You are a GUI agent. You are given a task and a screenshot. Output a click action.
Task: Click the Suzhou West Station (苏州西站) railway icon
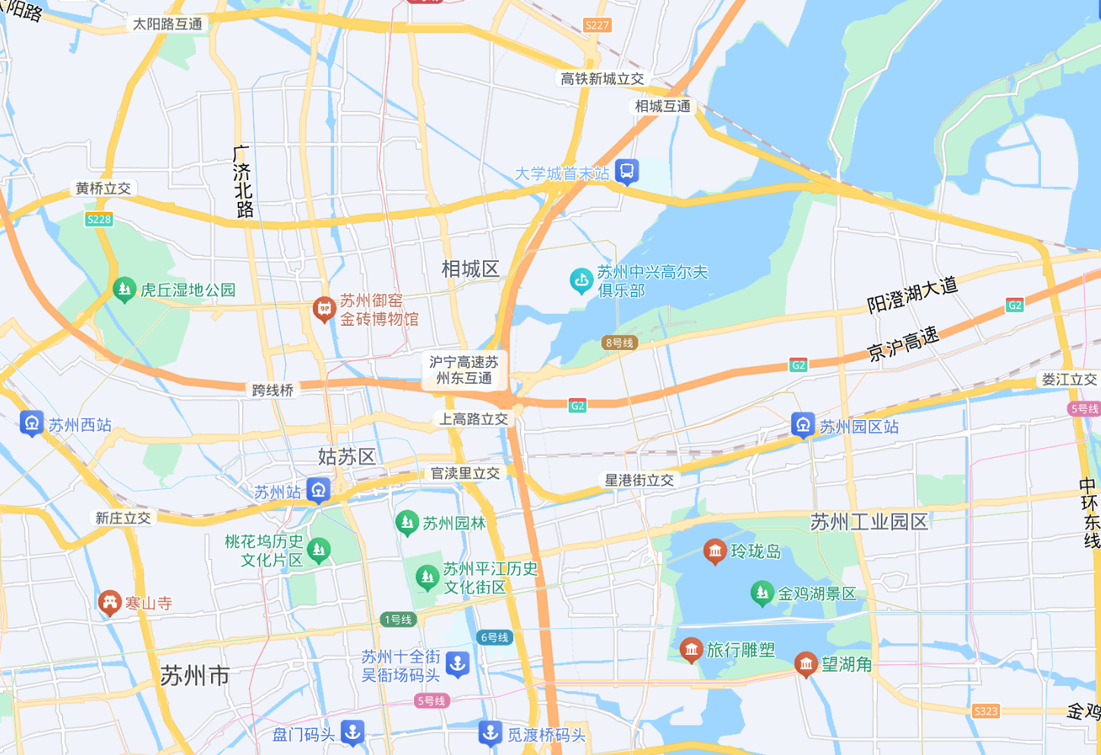click(x=31, y=423)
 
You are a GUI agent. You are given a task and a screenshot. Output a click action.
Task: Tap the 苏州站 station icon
click(x=319, y=490)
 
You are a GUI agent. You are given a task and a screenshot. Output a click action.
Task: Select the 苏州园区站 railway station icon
click(x=803, y=425)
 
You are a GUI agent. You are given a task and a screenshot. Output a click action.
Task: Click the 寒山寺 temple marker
click(x=109, y=602)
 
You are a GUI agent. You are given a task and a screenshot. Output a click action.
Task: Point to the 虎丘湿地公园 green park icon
click(x=124, y=289)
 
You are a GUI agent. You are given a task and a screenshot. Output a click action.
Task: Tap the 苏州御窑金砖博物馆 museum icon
click(x=324, y=309)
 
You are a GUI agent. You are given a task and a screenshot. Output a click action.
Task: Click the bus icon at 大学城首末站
click(x=626, y=172)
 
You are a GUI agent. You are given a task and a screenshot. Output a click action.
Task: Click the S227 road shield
click(x=597, y=25)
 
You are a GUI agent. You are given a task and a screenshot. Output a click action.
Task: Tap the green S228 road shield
click(x=99, y=220)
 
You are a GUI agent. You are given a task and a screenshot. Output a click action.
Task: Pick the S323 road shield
click(x=986, y=711)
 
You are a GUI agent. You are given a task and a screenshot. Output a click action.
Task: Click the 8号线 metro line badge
click(x=620, y=343)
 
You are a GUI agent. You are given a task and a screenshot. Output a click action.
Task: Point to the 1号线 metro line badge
click(x=398, y=619)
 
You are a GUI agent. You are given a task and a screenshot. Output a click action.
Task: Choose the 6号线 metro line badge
click(x=494, y=637)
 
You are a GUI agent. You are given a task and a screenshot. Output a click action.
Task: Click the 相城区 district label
click(x=470, y=269)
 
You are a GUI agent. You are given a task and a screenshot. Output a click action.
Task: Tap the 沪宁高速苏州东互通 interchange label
click(x=464, y=370)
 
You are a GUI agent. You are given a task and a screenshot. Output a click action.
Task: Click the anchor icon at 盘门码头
click(x=352, y=732)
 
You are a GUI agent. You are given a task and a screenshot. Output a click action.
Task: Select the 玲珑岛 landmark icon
click(x=715, y=551)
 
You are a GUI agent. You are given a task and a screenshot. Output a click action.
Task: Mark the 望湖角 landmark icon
click(x=806, y=664)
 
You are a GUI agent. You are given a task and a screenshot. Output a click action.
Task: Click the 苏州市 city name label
click(x=194, y=675)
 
